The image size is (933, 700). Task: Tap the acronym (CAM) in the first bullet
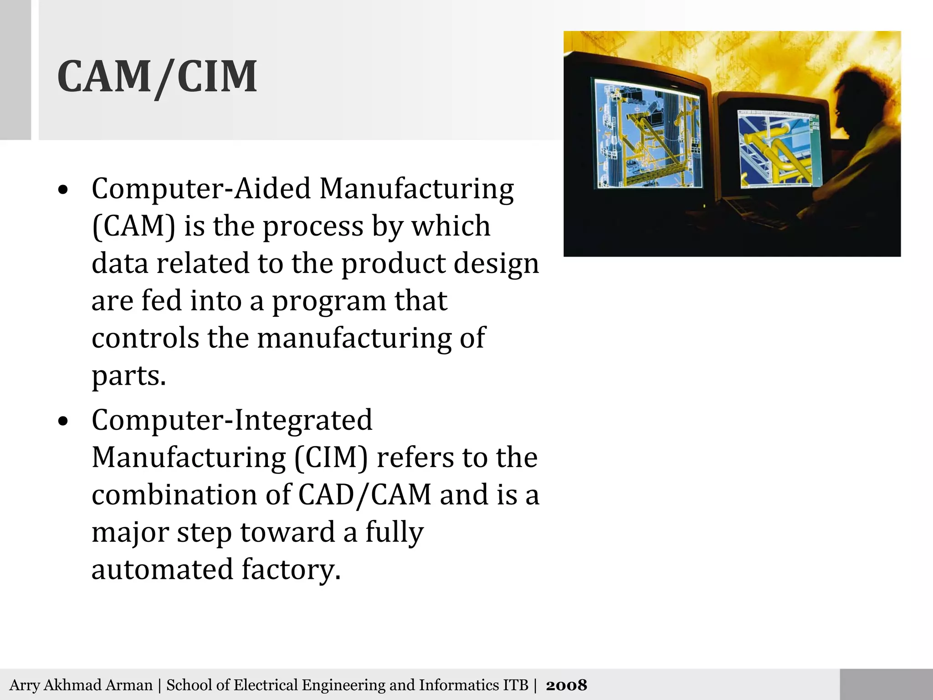click(133, 226)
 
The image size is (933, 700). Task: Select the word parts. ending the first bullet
click(129, 376)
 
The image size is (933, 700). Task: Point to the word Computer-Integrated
click(232, 420)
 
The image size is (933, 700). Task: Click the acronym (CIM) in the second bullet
click(331, 458)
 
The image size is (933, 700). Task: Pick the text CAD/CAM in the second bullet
click(364, 495)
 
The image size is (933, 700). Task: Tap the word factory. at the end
click(291, 570)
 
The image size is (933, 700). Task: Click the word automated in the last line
click(162, 570)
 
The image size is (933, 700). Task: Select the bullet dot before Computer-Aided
click(63, 190)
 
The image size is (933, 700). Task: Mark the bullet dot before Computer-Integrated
click(63, 422)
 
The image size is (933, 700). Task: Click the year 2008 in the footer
click(566, 685)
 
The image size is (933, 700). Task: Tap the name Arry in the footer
click(25, 685)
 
